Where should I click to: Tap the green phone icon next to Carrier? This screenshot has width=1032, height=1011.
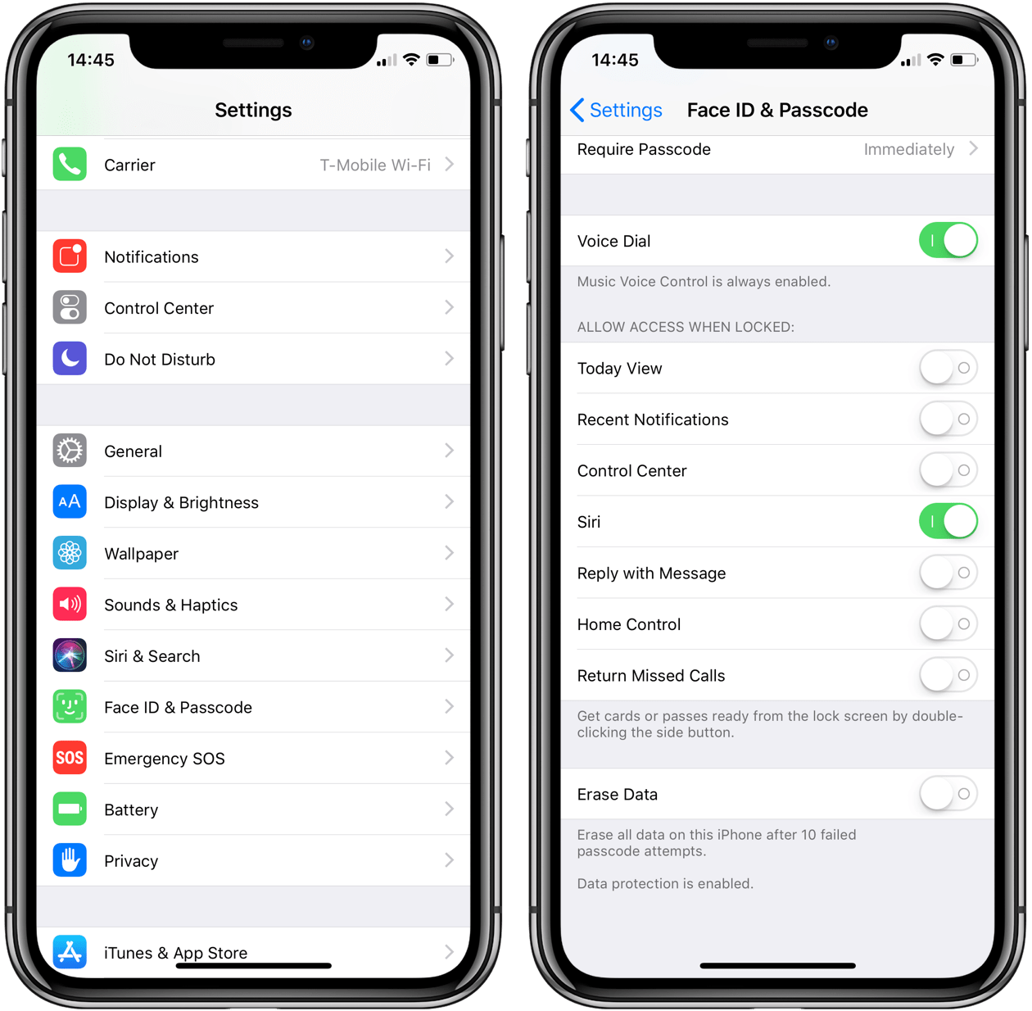point(70,165)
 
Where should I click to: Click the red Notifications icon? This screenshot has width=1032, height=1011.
point(70,256)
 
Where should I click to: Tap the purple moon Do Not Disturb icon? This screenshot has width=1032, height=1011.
point(70,359)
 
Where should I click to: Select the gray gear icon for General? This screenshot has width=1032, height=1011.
point(70,451)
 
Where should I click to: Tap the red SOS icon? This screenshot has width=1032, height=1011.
point(70,758)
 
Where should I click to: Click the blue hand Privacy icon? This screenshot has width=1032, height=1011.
point(70,860)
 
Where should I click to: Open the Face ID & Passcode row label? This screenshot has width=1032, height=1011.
point(178,707)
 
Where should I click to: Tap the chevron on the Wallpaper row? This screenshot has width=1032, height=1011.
point(449,553)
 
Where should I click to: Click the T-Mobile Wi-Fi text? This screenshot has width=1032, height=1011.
point(375,165)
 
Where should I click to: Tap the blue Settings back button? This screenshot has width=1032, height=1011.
point(616,110)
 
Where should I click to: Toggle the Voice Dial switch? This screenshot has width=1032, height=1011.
point(948,241)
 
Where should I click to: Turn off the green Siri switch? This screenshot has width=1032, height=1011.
point(948,522)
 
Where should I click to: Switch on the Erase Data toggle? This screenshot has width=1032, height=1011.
point(948,794)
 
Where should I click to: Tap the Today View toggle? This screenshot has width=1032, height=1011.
point(948,368)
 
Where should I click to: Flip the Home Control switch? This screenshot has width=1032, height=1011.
point(948,624)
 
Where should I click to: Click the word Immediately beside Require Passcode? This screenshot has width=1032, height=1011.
point(908,149)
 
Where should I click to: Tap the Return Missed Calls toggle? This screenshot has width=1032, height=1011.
point(948,675)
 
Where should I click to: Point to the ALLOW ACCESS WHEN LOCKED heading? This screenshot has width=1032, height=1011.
point(686,327)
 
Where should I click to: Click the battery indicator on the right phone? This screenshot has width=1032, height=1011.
point(963,60)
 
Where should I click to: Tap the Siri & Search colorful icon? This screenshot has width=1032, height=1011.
point(70,655)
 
